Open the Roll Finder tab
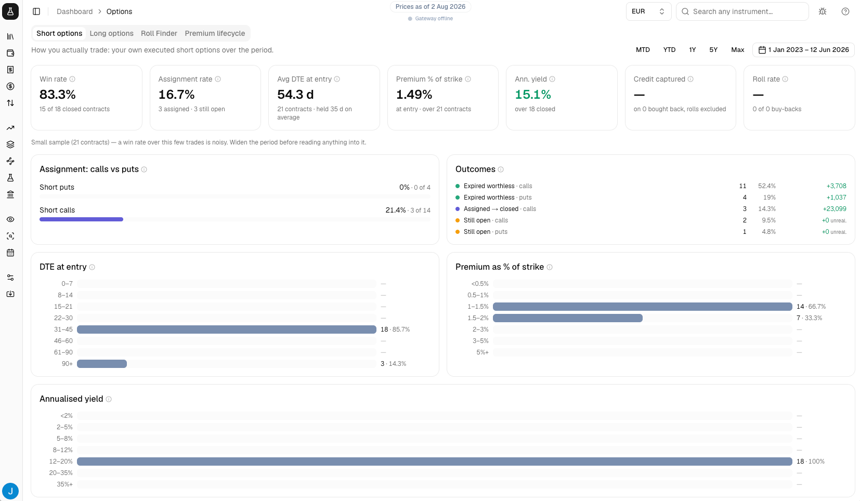[159, 33]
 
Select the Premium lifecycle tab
[215, 33]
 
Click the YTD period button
[669, 50]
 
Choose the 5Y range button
[713, 50]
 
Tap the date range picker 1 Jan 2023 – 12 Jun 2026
[803, 50]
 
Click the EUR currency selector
[648, 11]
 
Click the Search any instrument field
[742, 11]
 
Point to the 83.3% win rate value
[58, 95]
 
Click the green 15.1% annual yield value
[533, 95]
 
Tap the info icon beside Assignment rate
[218, 79]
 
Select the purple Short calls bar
[82, 219]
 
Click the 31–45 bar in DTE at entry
[227, 329]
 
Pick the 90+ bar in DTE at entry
[102, 364]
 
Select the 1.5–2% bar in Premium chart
[567, 318]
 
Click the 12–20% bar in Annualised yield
[435, 462]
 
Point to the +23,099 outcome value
[835, 209]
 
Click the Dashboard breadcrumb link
[74, 11]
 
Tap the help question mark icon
[845, 11]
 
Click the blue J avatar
[10, 491]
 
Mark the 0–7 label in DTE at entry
[67, 284]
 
